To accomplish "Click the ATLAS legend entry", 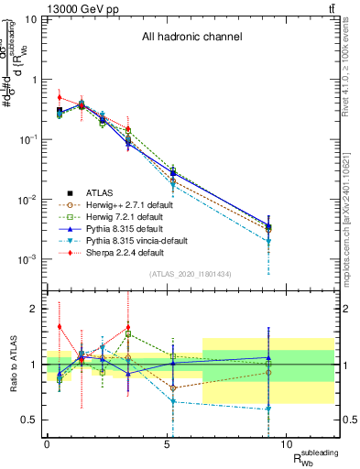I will pyautogui.click(x=101, y=192).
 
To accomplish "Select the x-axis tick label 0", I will pyautogui.click(x=47, y=443).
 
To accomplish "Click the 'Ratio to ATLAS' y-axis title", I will pyautogui.click(x=12, y=365).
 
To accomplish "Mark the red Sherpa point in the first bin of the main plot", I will pyautogui.click(x=60, y=97).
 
